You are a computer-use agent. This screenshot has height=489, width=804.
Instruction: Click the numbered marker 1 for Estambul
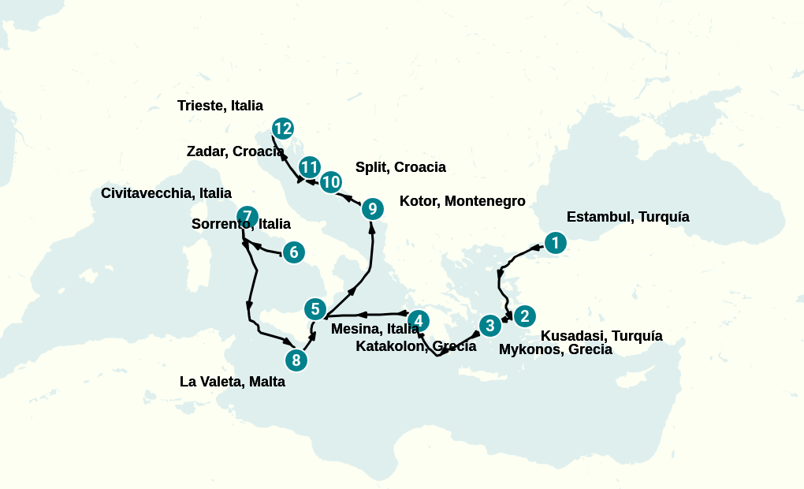coord(556,243)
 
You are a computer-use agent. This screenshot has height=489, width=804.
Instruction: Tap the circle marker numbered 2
coord(524,316)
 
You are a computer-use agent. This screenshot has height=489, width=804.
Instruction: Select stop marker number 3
coord(490,325)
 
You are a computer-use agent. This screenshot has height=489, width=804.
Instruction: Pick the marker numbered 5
coord(315,308)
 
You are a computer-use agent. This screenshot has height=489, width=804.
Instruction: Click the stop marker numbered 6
coord(293,252)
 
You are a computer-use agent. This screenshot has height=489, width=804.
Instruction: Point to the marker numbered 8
coord(296,360)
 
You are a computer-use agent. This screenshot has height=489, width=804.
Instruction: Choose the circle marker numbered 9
coord(372,209)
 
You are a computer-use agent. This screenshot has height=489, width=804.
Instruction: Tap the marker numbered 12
coord(282,129)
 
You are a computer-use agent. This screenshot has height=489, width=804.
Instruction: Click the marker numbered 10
coord(331,181)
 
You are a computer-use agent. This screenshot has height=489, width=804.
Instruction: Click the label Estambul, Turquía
coord(627,217)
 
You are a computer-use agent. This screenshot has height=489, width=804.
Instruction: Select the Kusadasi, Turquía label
coord(601,336)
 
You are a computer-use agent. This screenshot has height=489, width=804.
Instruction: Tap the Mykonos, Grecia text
coord(555,349)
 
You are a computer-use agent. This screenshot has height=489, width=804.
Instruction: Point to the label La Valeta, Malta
coord(232,383)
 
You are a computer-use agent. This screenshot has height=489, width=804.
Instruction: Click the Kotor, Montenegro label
coord(462,201)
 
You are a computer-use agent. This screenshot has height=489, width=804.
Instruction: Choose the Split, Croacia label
coord(400,167)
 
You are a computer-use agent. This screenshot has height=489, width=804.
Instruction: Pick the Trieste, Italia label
coord(220,106)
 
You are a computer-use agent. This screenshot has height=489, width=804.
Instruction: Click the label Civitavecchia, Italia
coord(166,193)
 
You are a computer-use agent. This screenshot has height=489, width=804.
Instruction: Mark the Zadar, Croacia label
coord(235,151)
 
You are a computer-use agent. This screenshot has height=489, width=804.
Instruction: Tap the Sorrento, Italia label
coord(240,224)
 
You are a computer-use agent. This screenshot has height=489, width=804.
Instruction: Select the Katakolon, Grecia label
coord(415,346)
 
